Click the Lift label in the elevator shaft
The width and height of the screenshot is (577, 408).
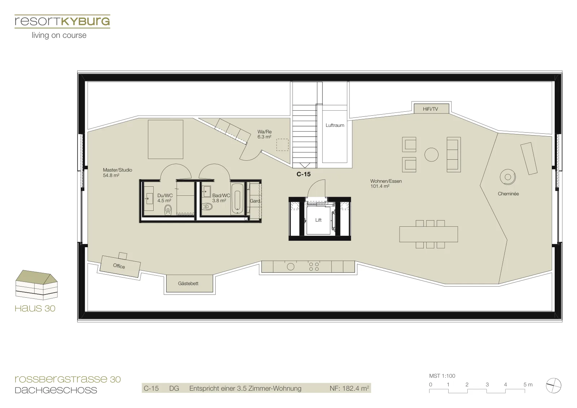pyautogui.click(x=318, y=220)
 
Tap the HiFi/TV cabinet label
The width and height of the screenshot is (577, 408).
pyautogui.click(x=430, y=109)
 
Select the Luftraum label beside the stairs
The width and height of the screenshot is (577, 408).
pyautogui.click(x=335, y=125)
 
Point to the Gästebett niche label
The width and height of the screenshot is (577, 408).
pyautogui.click(x=188, y=283)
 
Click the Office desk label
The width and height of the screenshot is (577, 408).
pyautogui.click(x=119, y=266)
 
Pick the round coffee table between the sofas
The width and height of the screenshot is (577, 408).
pyautogui.click(x=431, y=155)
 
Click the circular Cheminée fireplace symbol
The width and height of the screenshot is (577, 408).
pyautogui.click(x=508, y=177)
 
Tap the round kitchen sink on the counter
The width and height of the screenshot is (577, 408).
pyautogui.click(x=291, y=267)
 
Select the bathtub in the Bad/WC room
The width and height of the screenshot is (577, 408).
pyautogui.click(x=237, y=198)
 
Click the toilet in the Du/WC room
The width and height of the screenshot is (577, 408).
pyautogui.click(x=168, y=210)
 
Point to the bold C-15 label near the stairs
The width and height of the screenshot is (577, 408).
pyautogui.click(x=303, y=174)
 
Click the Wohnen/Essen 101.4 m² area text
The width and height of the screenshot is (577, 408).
pyautogui.click(x=386, y=183)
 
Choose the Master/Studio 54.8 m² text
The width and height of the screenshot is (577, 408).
pyautogui.click(x=118, y=173)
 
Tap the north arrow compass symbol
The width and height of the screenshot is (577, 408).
pyautogui.click(x=553, y=385)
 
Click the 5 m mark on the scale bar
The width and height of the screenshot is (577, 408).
pyautogui.click(x=528, y=385)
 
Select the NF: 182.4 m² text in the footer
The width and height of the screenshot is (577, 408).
pyautogui.click(x=349, y=388)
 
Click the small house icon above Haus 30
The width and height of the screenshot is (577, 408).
pyautogui.click(x=36, y=285)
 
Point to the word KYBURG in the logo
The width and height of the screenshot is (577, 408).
pyautogui.click(x=85, y=21)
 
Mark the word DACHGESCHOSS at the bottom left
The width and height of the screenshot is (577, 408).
pyautogui.click(x=56, y=390)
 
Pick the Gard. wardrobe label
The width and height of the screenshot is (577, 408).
pyautogui.click(x=255, y=201)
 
